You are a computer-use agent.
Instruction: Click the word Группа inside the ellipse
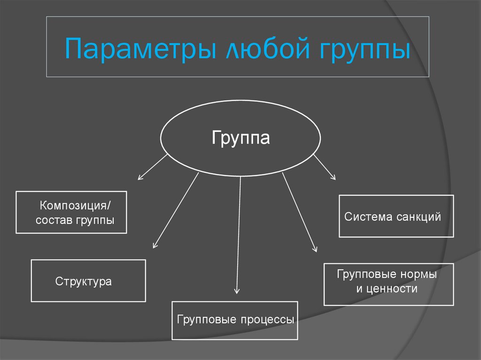[240, 138]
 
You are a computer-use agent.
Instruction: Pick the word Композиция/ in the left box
[76, 206]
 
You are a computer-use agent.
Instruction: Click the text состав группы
[75, 220]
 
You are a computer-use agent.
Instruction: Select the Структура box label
[84, 282]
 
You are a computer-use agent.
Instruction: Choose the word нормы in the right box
[419, 274]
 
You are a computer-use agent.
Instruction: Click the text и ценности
[387, 289]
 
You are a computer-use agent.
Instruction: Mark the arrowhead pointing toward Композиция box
[139, 178]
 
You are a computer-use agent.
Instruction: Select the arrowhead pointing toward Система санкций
[334, 177]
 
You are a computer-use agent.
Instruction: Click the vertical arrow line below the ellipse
[239, 230]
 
